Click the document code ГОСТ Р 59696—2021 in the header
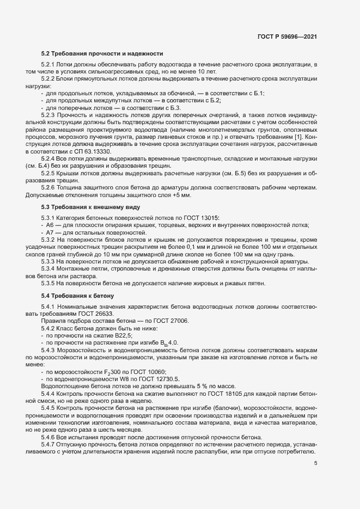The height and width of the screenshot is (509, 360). (x=287, y=36)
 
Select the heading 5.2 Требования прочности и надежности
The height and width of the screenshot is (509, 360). (x=102, y=54)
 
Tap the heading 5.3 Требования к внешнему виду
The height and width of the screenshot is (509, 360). (x=91, y=207)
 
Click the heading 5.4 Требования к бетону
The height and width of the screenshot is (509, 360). (x=77, y=295)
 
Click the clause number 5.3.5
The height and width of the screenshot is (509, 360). (x=49, y=283)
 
